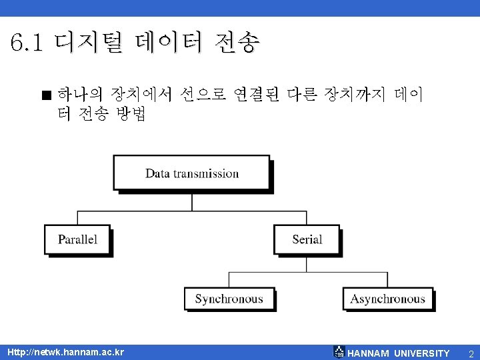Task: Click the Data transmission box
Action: pyautogui.click(x=192, y=173)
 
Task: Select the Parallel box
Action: pyautogui.click(x=77, y=239)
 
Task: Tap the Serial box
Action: pyautogui.click(x=307, y=239)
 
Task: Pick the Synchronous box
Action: pyautogui.click(x=229, y=299)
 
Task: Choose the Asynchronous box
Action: pyautogui.click(x=387, y=299)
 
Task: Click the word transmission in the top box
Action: pyautogui.click(x=206, y=173)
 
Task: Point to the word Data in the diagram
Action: pyautogui.click(x=157, y=173)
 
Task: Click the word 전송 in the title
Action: pyautogui.click(x=237, y=44)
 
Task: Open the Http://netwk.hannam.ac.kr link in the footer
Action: pyautogui.click(x=65, y=352)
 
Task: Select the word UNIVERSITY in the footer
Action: pyautogui.click(x=422, y=353)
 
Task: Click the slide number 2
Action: pyautogui.click(x=471, y=353)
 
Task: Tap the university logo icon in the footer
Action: pyautogui.click(x=339, y=352)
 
